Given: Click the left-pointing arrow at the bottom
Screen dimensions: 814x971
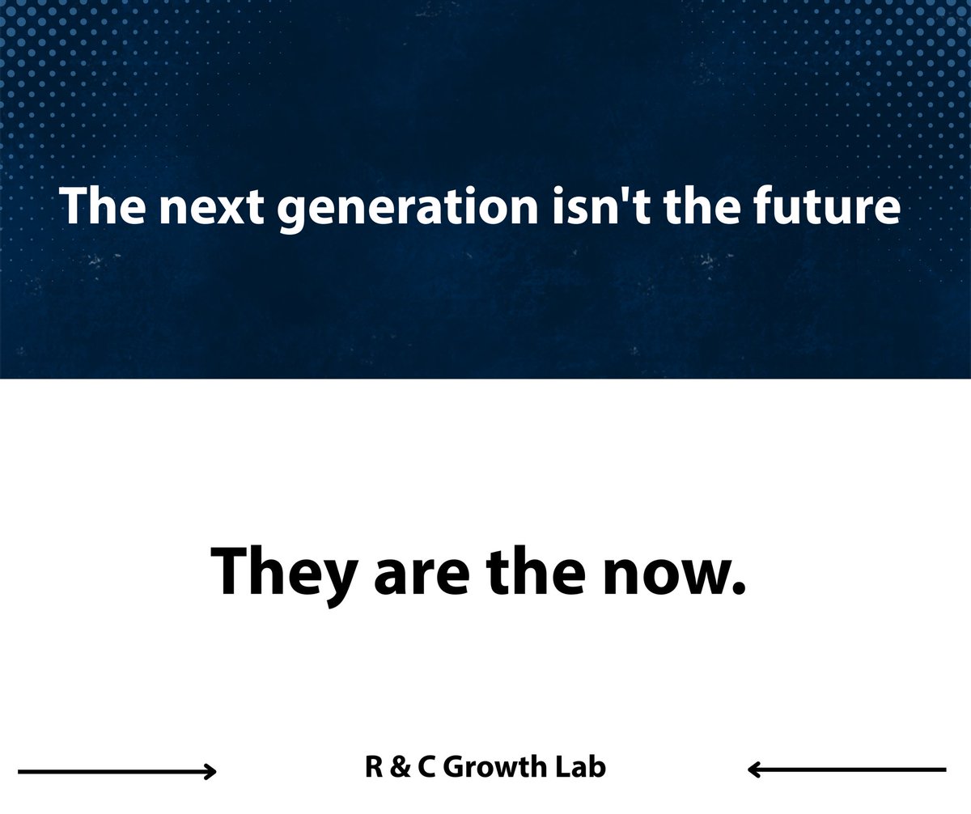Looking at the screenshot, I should coord(846,769).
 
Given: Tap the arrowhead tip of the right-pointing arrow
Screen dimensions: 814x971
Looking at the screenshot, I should coord(215,771).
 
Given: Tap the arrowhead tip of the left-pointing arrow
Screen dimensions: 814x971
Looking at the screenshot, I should coord(749,769).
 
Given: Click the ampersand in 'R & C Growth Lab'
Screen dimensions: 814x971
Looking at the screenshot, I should coord(401,766).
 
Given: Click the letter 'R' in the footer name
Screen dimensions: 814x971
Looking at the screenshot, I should coord(373,766).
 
